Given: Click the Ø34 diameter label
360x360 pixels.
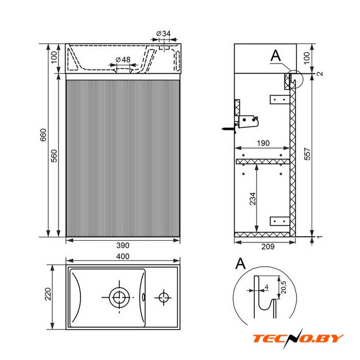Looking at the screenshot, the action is click(x=164, y=34).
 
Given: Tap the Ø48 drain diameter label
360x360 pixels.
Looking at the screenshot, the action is click(x=123, y=60).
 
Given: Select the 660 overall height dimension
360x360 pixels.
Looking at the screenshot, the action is click(x=43, y=135).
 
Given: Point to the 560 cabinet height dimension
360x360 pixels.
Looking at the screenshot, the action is click(x=54, y=156).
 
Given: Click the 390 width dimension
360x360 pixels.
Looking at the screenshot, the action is click(x=123, y=245).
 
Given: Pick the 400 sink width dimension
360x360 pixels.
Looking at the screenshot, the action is click(x=123, y=256).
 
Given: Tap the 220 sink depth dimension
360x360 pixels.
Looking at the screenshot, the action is click(x=48, y=294).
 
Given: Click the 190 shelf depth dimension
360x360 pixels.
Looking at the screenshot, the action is click(x=263, y=143).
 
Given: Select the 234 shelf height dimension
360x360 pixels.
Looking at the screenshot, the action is click(x=253, y=199).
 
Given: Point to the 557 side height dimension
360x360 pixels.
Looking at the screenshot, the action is click(x=307, y=154).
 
